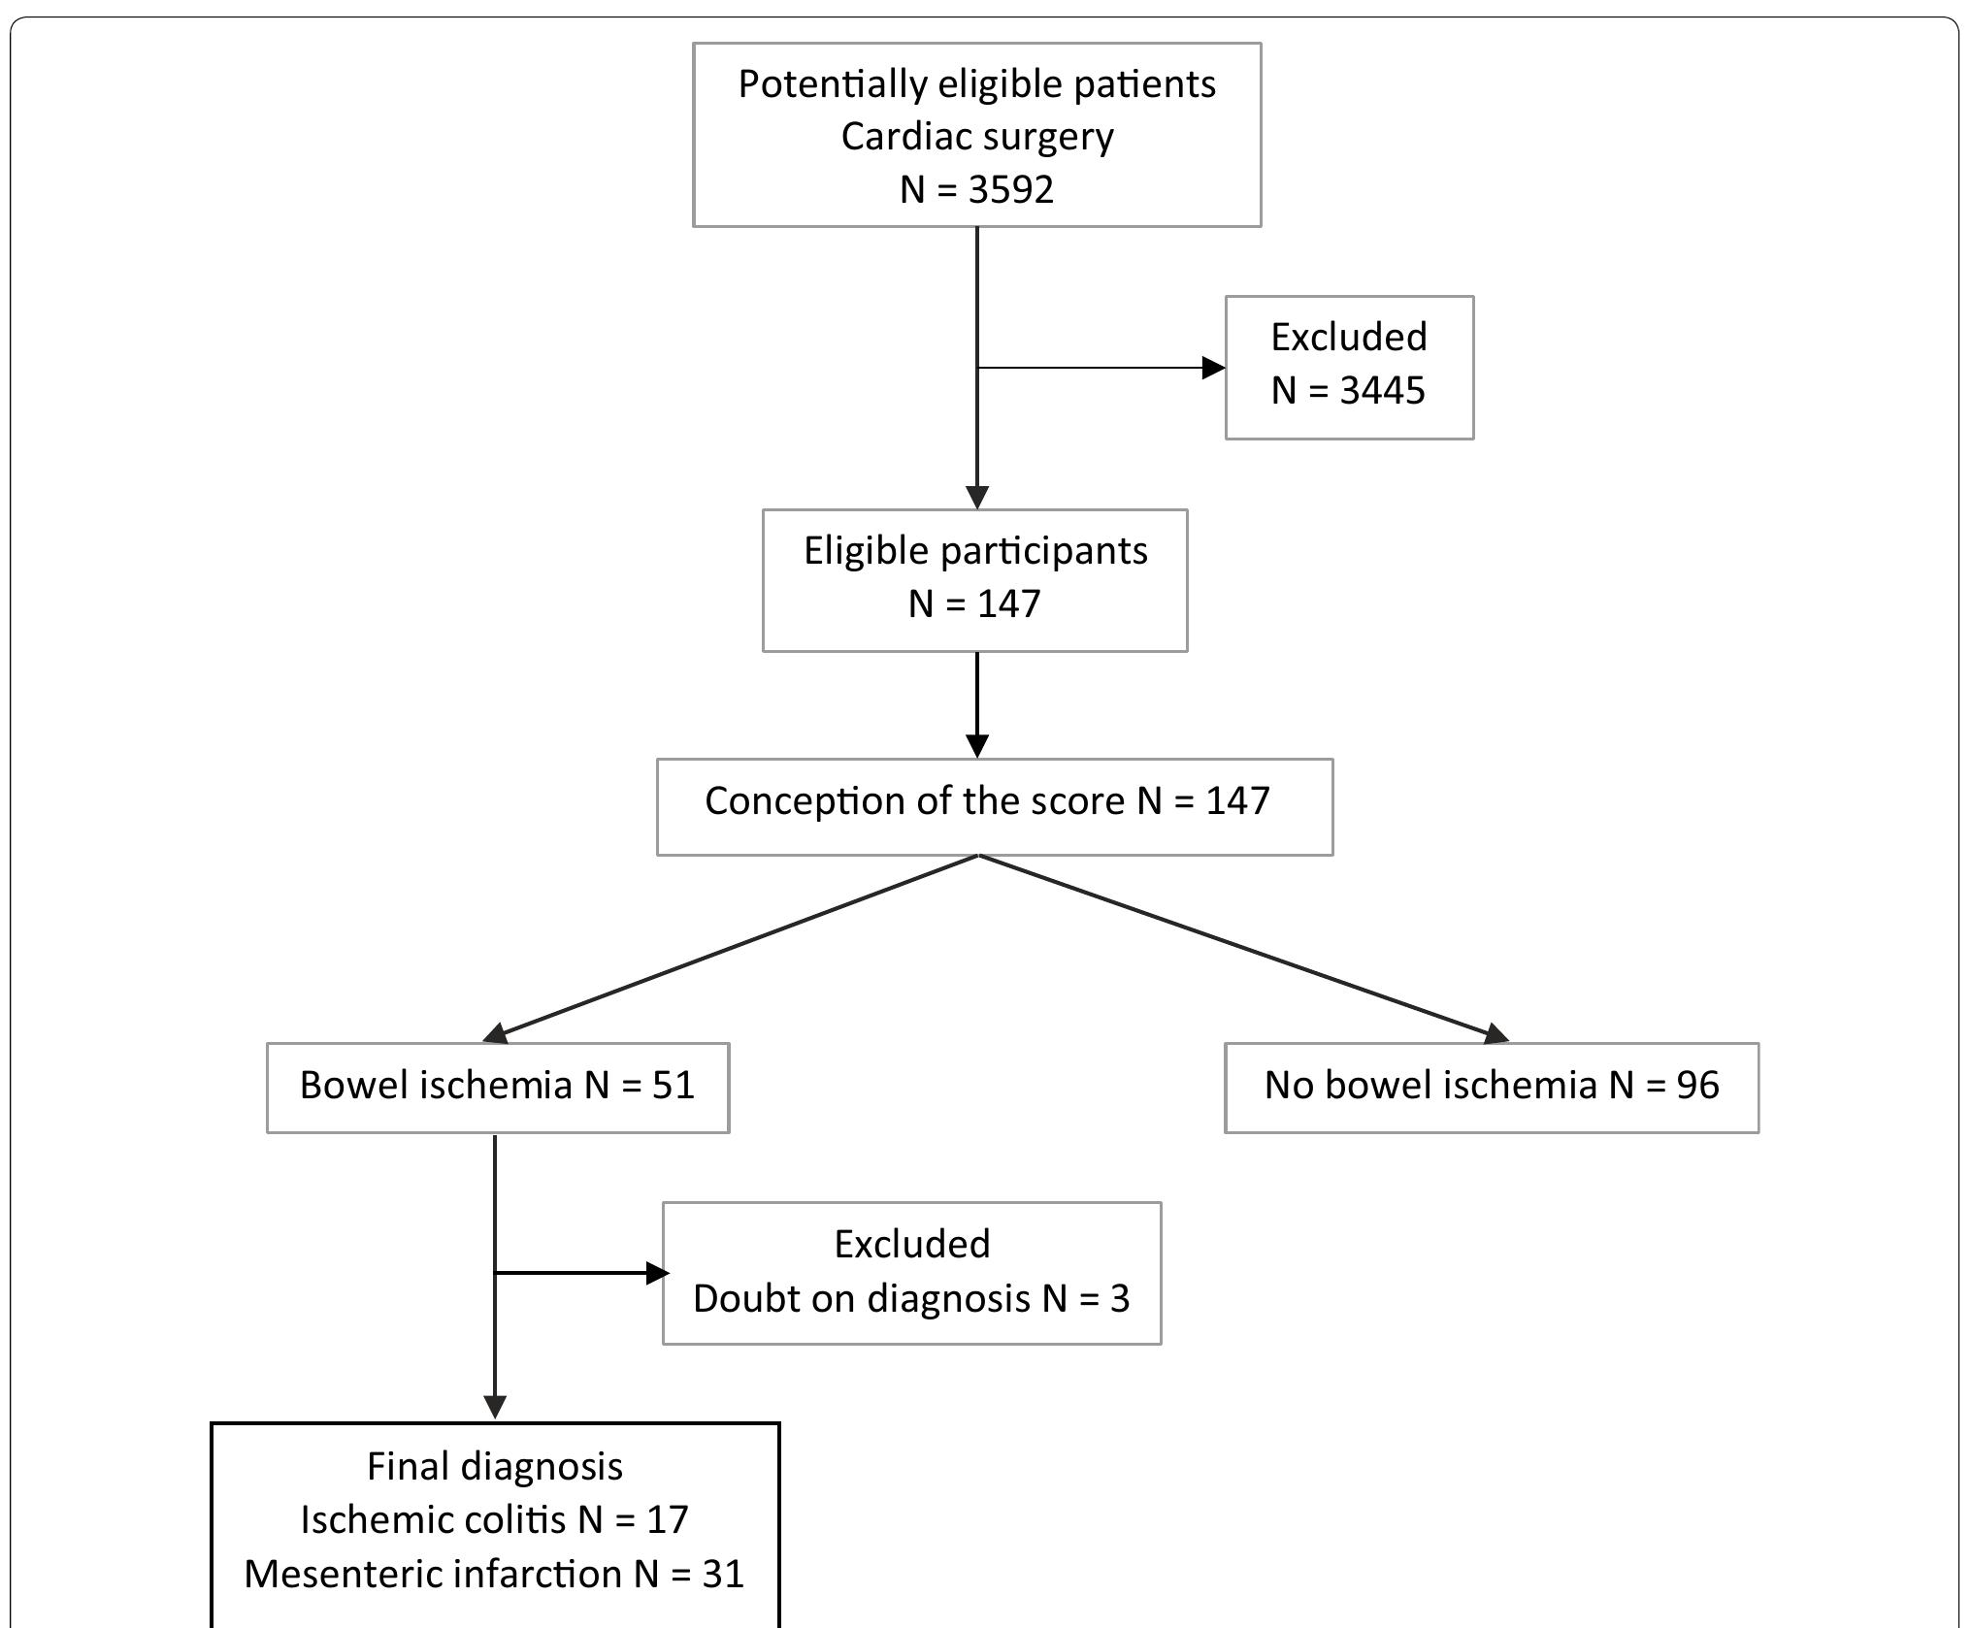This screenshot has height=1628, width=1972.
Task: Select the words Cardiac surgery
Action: [x=976, y=137]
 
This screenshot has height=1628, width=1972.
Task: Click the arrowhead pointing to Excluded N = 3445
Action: [x=1213, y=368]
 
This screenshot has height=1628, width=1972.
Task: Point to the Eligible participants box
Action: [x=974, y=579]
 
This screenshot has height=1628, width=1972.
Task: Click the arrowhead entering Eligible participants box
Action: [x=977, y=497]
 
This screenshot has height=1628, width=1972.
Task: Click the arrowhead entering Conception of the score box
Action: [x=977, y=745]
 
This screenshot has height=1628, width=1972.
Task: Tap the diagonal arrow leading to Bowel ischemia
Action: [x=738, y=946]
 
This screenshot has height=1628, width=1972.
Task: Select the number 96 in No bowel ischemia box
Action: [x=1697, y=1086]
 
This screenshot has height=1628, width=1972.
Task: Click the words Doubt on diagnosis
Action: [x=861, y=1299]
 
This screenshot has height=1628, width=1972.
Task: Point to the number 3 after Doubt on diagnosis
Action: [x=1120, y=1299]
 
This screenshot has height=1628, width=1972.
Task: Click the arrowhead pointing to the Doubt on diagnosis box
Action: [x=658, y=1273]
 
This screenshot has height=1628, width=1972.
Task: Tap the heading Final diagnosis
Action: [x=495, y=1466]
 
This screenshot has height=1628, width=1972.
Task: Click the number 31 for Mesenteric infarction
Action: [x=722, y=1574]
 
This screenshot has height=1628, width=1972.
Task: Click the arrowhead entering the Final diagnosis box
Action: [x=495, y=1407]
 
